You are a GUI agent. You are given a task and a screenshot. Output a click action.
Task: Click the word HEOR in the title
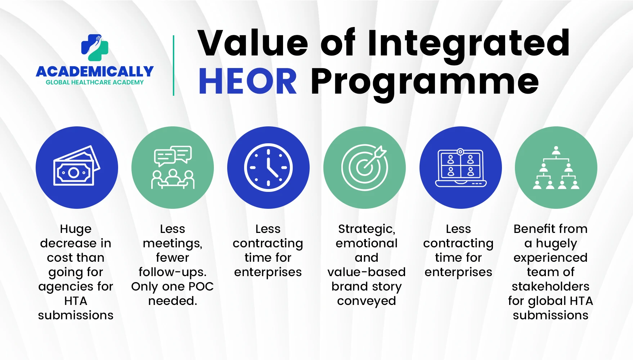pos(248,81)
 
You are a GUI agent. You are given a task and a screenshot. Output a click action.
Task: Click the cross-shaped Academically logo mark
pos(95,48)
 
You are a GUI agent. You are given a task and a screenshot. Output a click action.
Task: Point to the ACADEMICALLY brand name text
pos(95,72)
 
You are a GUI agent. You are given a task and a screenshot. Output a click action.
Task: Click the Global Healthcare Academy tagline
pos(95,82)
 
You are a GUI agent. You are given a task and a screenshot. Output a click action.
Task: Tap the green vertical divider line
pos(174,66)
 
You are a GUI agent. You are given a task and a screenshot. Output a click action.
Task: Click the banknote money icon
pos(77,166)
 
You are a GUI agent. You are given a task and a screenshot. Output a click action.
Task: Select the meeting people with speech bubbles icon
pos(173,167)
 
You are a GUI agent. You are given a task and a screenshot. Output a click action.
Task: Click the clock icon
pos(268,167)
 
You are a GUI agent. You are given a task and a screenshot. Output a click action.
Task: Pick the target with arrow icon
pos(364,167)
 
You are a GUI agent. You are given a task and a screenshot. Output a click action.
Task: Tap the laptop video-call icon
pos(461,167)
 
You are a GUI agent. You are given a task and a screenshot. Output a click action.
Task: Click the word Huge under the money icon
pos(76,229)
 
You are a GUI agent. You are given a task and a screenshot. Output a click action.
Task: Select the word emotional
pos(367,243)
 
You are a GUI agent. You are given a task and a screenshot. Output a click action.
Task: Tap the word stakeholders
pos(551,287)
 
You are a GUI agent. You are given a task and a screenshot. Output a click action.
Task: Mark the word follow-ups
pos(172,273)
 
